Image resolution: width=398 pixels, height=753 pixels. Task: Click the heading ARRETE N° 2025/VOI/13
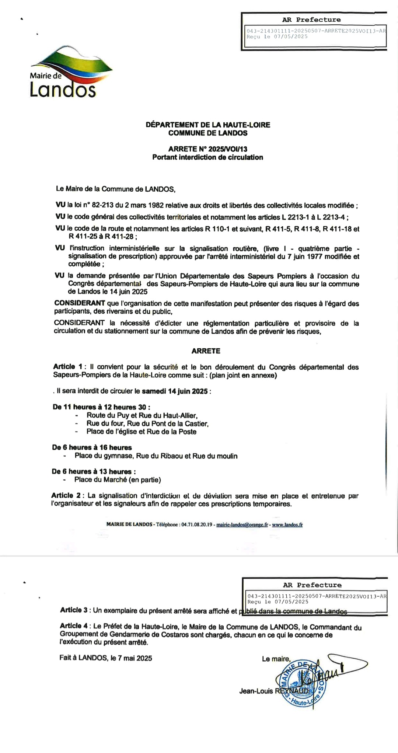pos(207,149)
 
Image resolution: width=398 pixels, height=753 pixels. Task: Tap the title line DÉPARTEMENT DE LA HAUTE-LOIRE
pos(208,125)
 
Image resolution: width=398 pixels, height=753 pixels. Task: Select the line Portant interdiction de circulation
pos(207,157)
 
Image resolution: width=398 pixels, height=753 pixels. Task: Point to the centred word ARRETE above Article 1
pos(206,351)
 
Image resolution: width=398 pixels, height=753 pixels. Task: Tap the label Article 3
pos(74,610)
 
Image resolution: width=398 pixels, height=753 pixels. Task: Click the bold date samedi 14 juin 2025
pos(175,391)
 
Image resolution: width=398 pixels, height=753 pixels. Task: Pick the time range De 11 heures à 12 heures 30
pos(101,407)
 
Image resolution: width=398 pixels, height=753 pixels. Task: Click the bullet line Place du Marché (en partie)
pos(118,480)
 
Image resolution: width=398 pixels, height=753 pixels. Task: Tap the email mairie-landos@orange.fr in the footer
pos(242,524)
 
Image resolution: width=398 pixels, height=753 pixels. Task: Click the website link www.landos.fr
pos(287,524)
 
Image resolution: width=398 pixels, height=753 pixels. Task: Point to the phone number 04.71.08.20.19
pos(197,524)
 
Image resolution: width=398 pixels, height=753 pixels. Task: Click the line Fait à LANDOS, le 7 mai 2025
pos(106,658)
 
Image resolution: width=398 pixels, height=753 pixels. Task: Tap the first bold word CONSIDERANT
pos(80,303)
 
